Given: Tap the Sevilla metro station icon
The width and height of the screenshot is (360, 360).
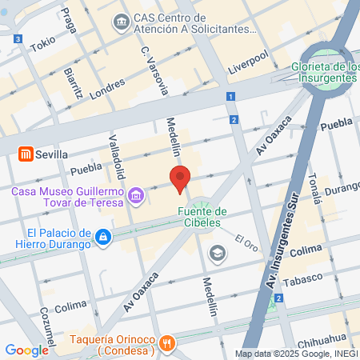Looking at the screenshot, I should tap(25, 154).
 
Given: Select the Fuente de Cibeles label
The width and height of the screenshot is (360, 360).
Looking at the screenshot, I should tap(201, 217).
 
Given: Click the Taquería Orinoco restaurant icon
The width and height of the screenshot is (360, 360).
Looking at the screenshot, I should tap(166, 343).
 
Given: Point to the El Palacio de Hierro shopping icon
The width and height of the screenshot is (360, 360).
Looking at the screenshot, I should tap(102, 237).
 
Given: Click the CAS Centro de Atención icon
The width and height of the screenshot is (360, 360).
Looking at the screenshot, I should tap(122, 19).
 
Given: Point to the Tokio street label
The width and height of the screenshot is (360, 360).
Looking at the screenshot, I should tap(42, 44).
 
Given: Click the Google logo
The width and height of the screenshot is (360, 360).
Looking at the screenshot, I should tap(26, 350).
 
